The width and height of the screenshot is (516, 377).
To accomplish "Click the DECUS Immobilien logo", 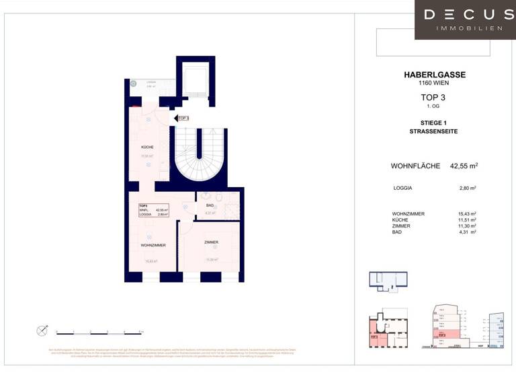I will pos(465,19).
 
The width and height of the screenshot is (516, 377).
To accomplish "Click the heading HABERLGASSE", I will pos(433,75).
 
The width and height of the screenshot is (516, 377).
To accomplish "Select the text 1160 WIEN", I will pos(433,83).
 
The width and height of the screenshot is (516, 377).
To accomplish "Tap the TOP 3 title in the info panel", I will pos(433,98).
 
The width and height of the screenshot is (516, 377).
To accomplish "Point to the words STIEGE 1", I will pos(433,123).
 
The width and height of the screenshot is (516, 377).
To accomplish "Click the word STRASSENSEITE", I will pos(433,131).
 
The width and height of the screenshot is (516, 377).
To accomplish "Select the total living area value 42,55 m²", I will pos(464,166).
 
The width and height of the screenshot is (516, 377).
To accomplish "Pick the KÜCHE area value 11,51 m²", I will pos(463,219).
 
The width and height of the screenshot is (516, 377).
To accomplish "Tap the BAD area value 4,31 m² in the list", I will pos(464,232).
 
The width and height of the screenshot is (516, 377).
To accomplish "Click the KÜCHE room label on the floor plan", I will pos(147,147).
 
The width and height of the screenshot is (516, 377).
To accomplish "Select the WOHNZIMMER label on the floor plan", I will pos(153,245).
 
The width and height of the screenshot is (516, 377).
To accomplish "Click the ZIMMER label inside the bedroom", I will pos(212,242).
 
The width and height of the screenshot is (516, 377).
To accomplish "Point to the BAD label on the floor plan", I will pos(210,205).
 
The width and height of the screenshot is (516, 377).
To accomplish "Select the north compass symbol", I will pos(42,330).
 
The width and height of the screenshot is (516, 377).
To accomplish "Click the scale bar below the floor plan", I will pos(99,332).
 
